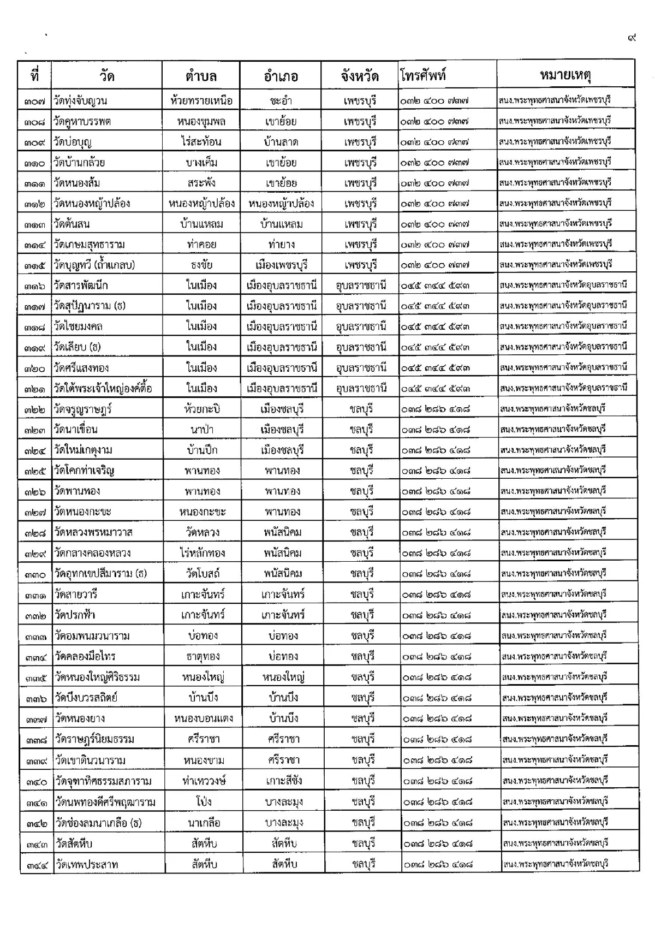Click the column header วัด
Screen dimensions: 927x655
[107, 76]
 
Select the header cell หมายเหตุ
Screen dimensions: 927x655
[565, 75]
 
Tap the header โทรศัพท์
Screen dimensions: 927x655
[423, 75]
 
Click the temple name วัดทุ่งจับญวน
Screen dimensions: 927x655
[80, 100]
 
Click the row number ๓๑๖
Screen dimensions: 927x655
[34, 286]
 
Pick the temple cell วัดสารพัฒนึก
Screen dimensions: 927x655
[81, 286]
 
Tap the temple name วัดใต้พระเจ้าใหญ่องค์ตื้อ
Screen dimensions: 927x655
[103, 389]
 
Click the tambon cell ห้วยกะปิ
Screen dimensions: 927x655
[202, 409]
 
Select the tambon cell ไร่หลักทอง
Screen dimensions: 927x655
[202, 553]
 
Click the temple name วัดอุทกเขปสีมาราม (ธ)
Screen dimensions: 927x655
[100, 574]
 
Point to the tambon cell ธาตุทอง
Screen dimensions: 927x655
[203, 657]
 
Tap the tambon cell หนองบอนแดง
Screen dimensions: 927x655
[203, 718]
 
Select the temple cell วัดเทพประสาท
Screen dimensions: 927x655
[86, 864]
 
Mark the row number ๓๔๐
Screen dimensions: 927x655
[36, 781]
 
